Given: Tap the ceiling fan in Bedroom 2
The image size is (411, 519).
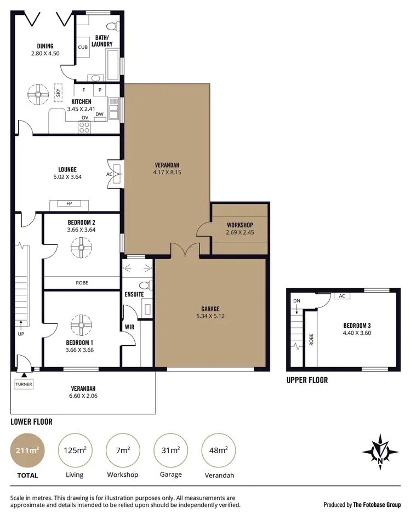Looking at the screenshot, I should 81,249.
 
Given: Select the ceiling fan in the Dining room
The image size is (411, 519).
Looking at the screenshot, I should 39,94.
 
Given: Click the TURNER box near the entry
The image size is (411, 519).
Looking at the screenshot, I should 24,384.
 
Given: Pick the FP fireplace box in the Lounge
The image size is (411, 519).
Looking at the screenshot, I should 70,204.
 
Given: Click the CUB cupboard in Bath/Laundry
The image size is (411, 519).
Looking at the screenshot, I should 83,47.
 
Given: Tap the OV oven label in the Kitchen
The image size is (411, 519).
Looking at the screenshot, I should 85,118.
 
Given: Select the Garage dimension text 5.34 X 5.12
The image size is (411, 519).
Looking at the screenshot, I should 210,316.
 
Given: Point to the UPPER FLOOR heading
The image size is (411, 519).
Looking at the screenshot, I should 307,380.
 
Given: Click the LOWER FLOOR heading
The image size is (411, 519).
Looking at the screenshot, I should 32,421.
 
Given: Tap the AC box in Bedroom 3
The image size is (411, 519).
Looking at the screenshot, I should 341,296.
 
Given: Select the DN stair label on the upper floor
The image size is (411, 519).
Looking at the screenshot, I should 297,301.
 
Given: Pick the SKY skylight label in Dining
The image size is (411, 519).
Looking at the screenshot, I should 58,93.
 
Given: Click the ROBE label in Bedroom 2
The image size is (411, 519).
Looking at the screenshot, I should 82,283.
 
